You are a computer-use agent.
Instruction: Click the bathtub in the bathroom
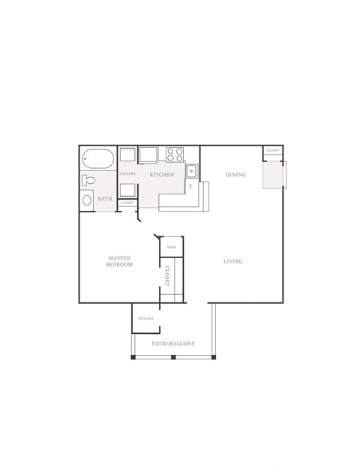pos(97,159)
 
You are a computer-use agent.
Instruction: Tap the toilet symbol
pos(88,180)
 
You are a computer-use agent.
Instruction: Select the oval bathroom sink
pos(86,200)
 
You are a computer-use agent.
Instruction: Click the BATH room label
pos(105,200)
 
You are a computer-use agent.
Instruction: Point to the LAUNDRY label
pos(127,174)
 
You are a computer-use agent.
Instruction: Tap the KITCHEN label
pos(162,175)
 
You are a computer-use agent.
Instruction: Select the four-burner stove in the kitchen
pos(175,155)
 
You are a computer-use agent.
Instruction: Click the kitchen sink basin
pos(191,170)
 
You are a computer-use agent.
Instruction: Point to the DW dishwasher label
pos(190,185)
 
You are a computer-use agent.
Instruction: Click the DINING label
pos(235,175)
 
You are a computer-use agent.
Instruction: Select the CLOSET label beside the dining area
pos(272,151)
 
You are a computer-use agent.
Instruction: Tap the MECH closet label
pos(171,247)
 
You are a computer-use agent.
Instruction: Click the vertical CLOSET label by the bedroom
pos(167,277)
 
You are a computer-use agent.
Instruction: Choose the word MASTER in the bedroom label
pos(118,258)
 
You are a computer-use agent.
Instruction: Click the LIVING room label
pos(232,261)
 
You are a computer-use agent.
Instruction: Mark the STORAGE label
pos(145,319)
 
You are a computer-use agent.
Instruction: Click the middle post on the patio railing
pos(173,357)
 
